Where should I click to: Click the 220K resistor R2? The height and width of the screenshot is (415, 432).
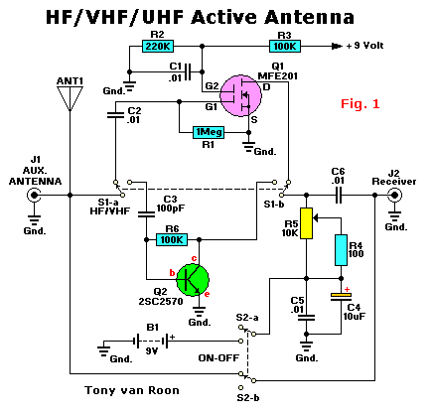tap(158, 46)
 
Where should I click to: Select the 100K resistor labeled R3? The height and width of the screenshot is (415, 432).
tap(285, 46)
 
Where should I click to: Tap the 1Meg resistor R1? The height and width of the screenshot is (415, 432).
tap(209, 132)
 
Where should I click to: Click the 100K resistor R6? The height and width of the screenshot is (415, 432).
tap(172, 239)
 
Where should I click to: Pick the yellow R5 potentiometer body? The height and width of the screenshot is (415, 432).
tap(306, 223)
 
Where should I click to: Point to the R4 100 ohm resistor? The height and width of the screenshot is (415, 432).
tap(341, 250)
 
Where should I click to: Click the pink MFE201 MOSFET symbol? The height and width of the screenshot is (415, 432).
tap(241, 95)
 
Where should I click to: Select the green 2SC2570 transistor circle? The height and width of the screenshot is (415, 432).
tap(193, 280)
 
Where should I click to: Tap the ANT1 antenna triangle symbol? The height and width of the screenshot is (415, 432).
tap(70, 98)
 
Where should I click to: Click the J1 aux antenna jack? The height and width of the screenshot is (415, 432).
tap(34, 196)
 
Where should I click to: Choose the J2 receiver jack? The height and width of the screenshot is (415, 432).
tap(394, 196)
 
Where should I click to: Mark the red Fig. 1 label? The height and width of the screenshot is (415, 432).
tap(360, 104)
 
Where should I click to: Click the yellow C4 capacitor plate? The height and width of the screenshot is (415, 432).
tap(341, 294)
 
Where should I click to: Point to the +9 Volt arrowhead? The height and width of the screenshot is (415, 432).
tap(337, 47)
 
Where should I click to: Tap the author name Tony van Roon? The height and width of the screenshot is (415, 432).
tap(132, 390)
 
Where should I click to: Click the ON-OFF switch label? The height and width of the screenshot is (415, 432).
tap(218, 357)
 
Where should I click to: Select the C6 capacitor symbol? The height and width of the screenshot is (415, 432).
tap(338, 196)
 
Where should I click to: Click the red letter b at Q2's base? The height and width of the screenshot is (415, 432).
tap(172, 273)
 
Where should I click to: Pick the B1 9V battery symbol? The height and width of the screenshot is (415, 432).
tap(152, 341)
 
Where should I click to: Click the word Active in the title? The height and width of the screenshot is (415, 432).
tap(225, 17)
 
